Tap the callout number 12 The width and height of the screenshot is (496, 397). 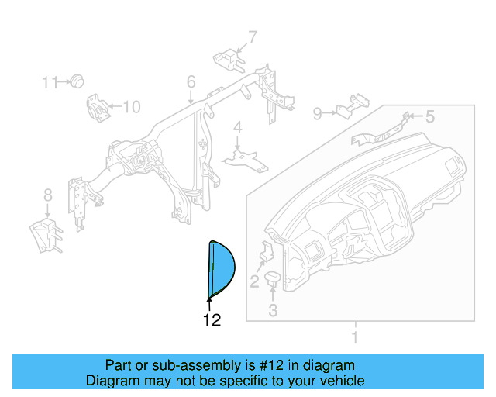(212, 319)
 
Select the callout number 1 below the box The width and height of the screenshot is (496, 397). (355, 337)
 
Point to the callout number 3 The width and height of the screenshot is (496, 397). (273, 312)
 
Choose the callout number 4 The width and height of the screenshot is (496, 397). (238, 128)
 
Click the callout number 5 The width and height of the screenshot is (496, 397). (430, 117)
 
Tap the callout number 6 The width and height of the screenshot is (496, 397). (191, 82)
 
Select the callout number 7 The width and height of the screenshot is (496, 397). (252, 36)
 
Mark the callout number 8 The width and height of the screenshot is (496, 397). (47, 195)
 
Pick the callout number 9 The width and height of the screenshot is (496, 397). (318, 114)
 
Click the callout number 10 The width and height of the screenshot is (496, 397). (132, 107)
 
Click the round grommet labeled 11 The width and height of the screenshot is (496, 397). (77, 81)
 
